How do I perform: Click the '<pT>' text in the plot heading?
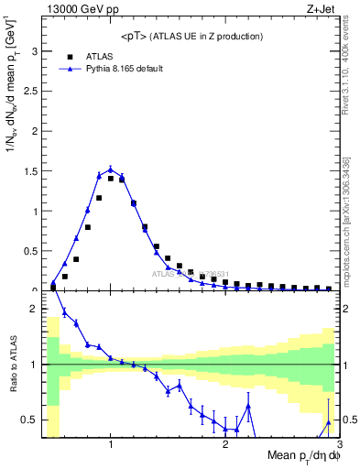[135, 36]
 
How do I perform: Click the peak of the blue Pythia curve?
[110, 169]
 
